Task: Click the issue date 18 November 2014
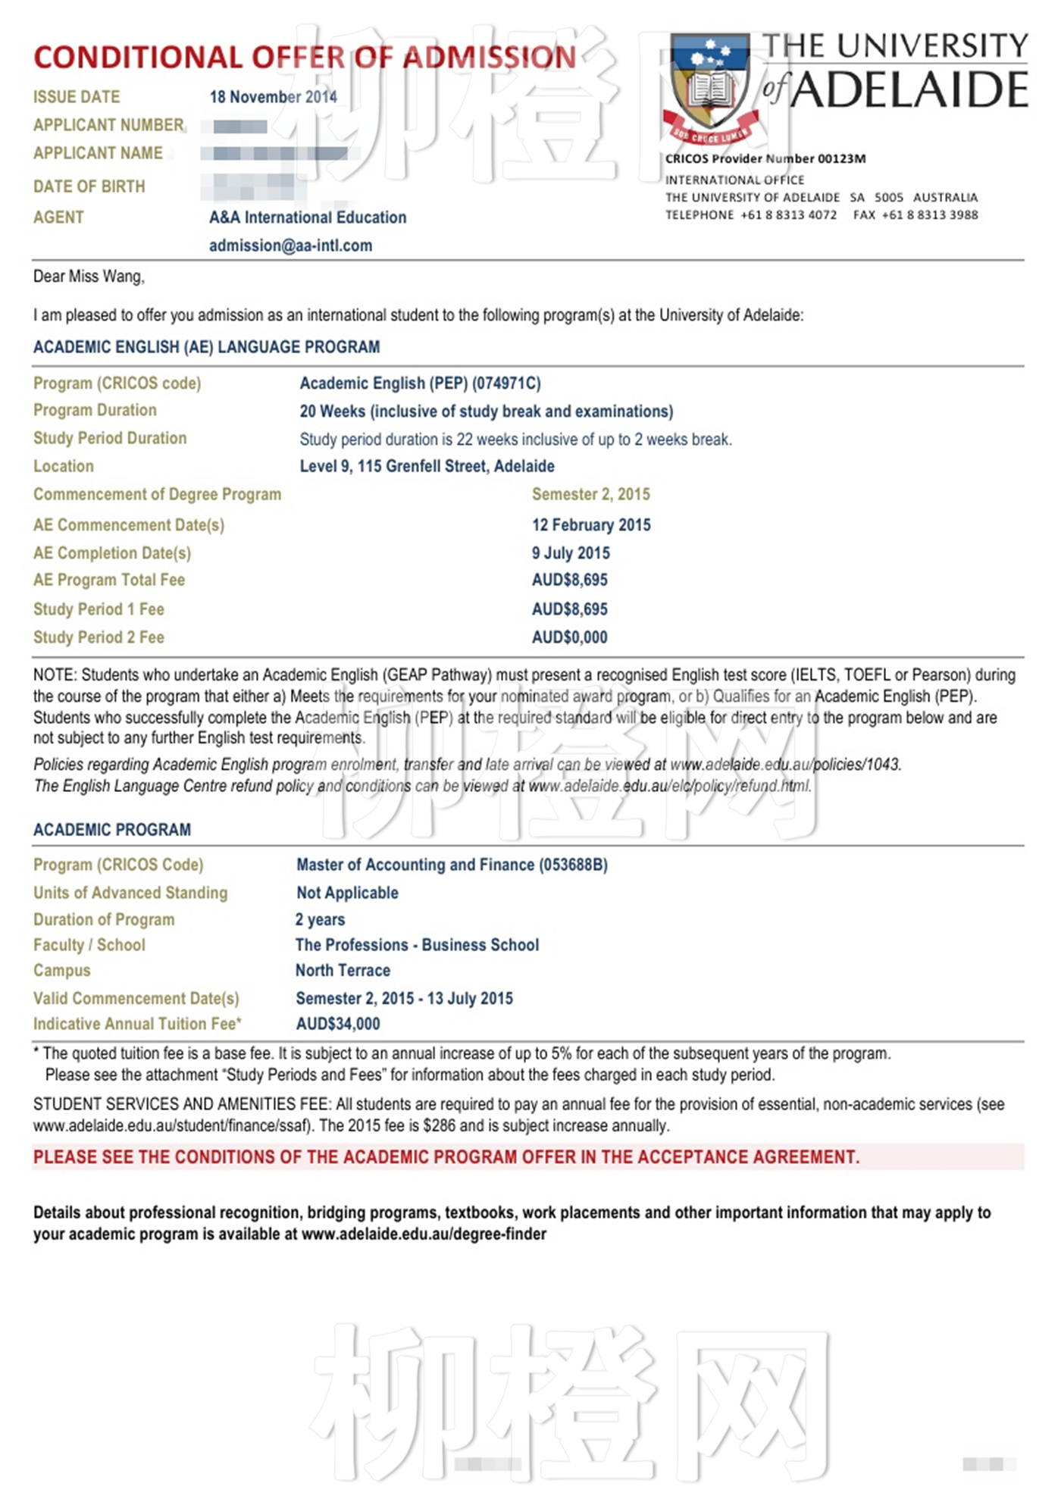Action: click(x=273, y=97)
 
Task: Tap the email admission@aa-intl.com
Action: click(x=290, y=246)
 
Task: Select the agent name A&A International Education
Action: click(x=308, y=217)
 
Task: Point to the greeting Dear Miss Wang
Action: click(x=89, y=277)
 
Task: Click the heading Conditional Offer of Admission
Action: click(x=305, y=58)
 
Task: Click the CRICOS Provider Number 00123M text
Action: click(x=765, y=158)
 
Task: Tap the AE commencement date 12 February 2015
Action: click(x=591, y=525)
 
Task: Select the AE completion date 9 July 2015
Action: click(x=571, y=553)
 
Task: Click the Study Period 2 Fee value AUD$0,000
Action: click(x=570, y=637)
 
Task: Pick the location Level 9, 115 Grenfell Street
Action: click(x=427, y=466)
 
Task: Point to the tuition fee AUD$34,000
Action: click(x=338, y=1024)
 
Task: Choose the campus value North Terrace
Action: click(x=343, y=970)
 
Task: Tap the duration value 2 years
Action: click(x=320, y=919)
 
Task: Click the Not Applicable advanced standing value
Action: click(x=347, y=893)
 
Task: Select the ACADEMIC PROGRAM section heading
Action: click(x=112, y=830)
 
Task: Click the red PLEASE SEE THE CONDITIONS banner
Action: click(x=446, y=1157)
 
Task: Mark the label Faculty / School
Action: click(x=89, y=945)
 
